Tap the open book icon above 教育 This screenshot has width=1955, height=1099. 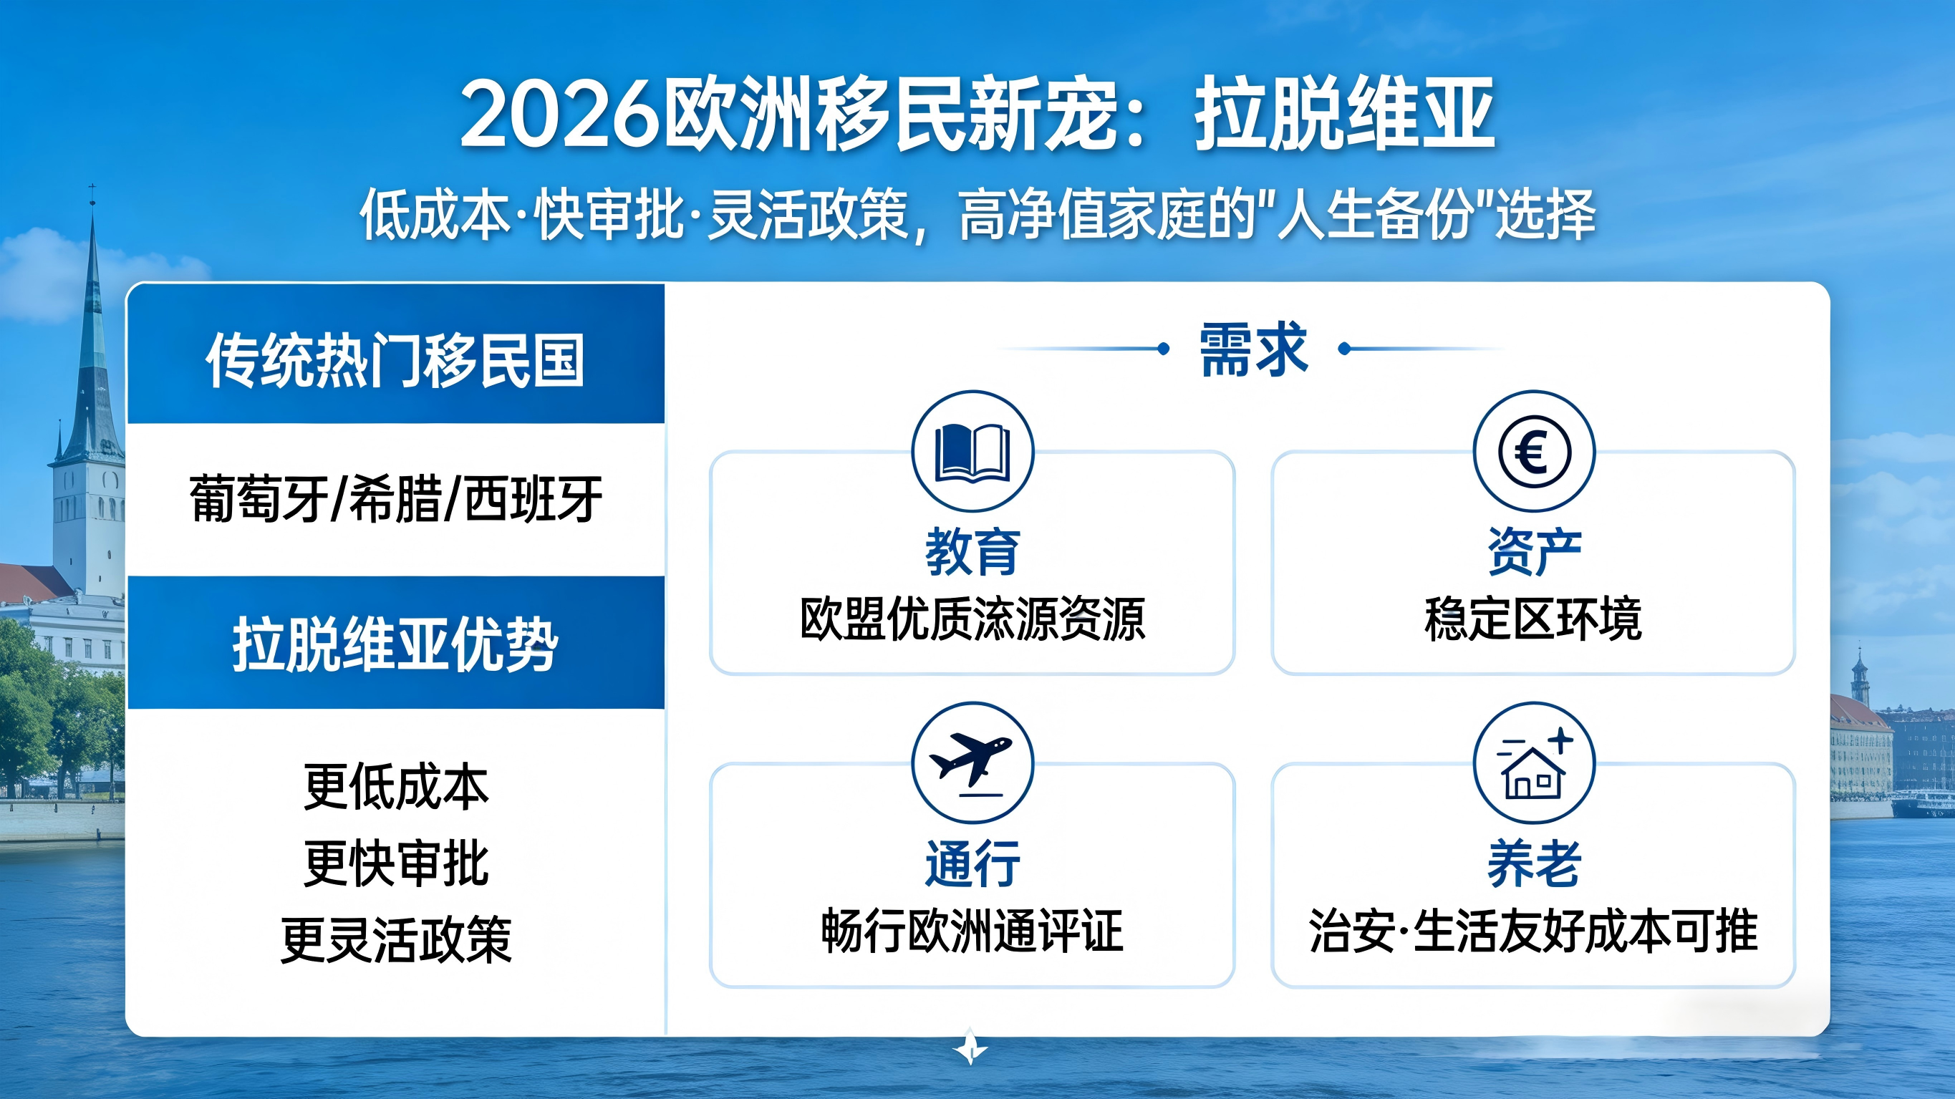point(972,452)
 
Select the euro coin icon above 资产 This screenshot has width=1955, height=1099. point(1534,452)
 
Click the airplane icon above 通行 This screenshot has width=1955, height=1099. point(972,761)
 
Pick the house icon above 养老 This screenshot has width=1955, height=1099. point(1533,767)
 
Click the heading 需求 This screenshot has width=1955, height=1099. point(1253,349)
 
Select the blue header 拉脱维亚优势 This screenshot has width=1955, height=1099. point(395,644)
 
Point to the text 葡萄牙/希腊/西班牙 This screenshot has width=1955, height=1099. point(395,500)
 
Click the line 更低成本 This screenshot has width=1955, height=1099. point(395,786)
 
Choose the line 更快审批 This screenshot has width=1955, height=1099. point(395,863)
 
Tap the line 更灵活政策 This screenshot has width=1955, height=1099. point(395,939)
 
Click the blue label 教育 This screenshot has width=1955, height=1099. point(972,552)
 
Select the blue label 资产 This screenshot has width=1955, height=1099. point(1534,552)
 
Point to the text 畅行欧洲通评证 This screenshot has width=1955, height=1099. point(972,931)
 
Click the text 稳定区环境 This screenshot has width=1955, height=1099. point(1534,619)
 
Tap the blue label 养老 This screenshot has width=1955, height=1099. point(1534,863)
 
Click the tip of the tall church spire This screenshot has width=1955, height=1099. point(92,187)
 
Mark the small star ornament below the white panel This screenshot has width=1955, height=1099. point(970,1047)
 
